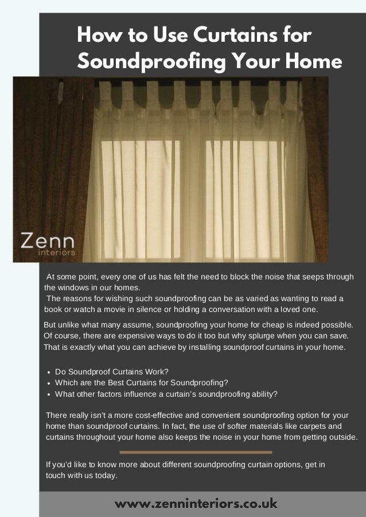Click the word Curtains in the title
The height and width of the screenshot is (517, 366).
pyautogui.click(x=231, y=36)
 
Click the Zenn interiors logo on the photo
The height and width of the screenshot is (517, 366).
pyautogui.click(x=48, y=243)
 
